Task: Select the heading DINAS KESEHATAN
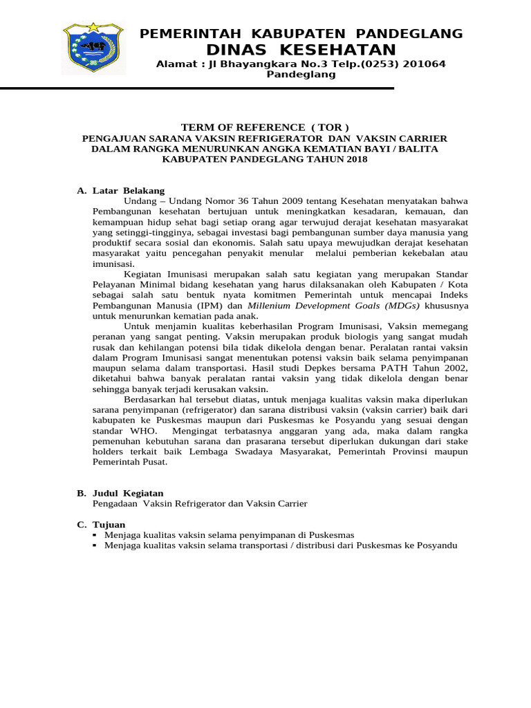(301, 50)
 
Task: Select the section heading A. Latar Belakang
(120, 190)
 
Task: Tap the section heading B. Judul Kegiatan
(120, 493)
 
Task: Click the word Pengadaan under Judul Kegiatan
(112, 503)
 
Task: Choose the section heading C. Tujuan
(101, 525)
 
